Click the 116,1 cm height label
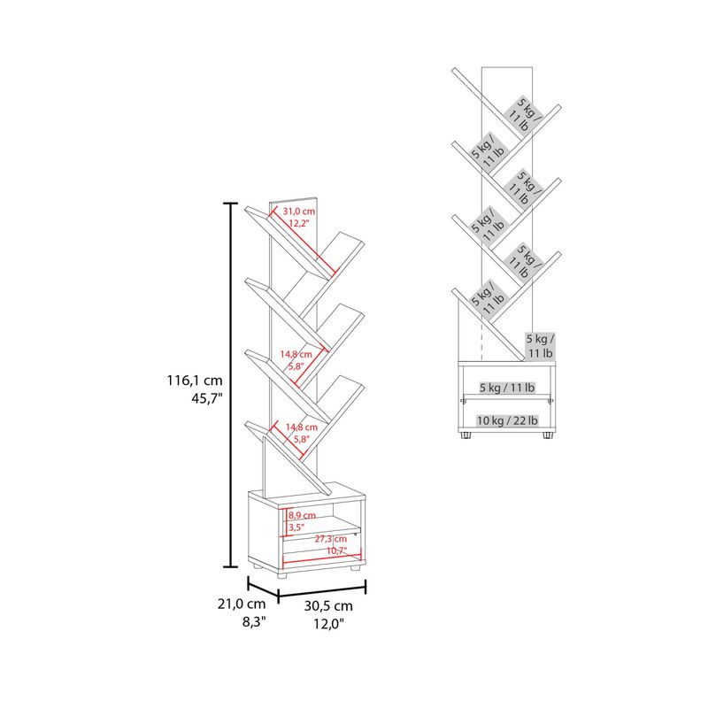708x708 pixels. (x=195, y=381)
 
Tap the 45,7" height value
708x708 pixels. (x=207, y=399)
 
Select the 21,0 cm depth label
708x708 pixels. (x=242, y=604)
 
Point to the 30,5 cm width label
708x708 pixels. (x=328, y=605)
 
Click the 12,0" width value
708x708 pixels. (x=328, y=624)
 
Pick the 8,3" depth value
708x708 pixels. (x=254, y=622)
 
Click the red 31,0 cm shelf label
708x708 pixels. (x=299, y=211)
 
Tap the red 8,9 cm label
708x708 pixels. (x=302, y=515)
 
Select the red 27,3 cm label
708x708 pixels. (x=330, y=539)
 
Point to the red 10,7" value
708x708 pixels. (x=337, y=550)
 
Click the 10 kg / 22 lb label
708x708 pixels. (x=507, y=421)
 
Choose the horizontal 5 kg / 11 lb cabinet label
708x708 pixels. (x=507, y=388)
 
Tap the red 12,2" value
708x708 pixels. (x=299, y=223)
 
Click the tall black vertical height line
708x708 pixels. (x=231, y=385)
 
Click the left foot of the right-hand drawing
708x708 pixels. (x=466, y=435)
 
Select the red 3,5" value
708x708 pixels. (x=296, y=527)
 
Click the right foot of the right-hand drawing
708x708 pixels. (x=548, y=435)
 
